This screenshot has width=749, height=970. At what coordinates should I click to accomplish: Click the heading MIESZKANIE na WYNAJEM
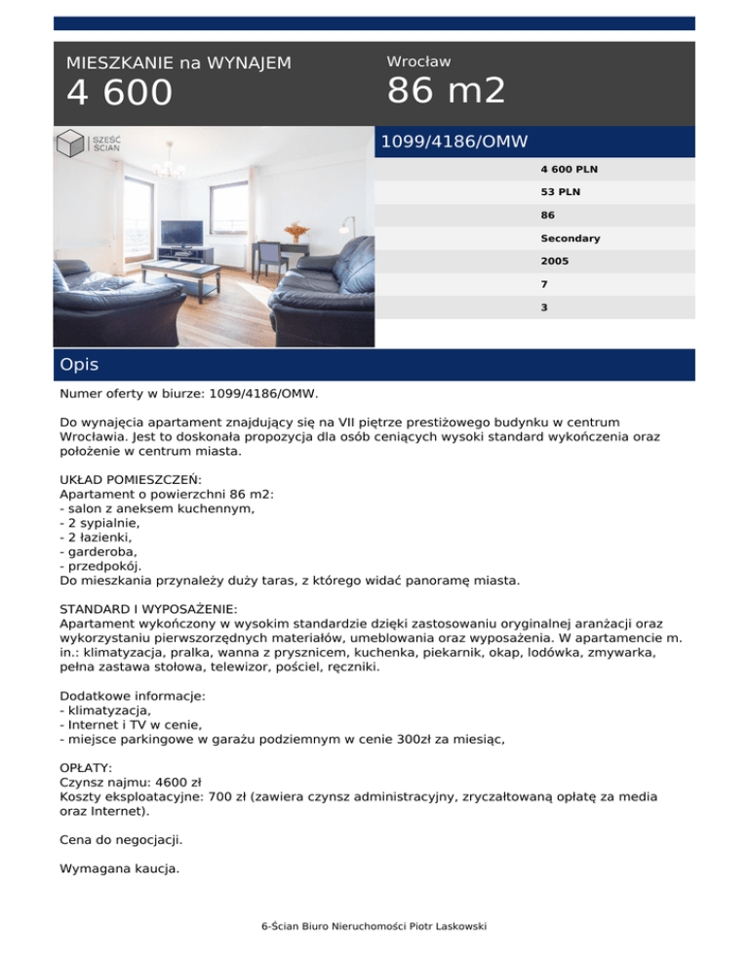point(178,63)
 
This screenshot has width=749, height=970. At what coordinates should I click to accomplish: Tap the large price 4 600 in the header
point(119,94)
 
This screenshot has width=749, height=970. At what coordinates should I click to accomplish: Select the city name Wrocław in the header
point(418,61)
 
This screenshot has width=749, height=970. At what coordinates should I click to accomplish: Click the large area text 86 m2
point(447,92)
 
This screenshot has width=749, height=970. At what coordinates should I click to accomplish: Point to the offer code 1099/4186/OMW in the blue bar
point(453,142)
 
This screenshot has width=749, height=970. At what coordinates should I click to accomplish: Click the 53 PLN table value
point(560,192)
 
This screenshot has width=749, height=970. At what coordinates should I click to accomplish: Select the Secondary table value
point(571,238)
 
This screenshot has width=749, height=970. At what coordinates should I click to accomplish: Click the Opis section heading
point(78,365)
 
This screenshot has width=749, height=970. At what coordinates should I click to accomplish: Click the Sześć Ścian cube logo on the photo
point(71,143)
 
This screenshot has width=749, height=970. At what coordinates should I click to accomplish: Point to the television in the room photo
point(181,234)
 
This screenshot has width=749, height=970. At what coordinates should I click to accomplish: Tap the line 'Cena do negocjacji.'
point(121,839)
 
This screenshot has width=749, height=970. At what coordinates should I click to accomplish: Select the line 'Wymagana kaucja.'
point(119,868)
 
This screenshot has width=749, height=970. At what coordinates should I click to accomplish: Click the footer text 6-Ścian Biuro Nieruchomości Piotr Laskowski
point(374,925)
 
